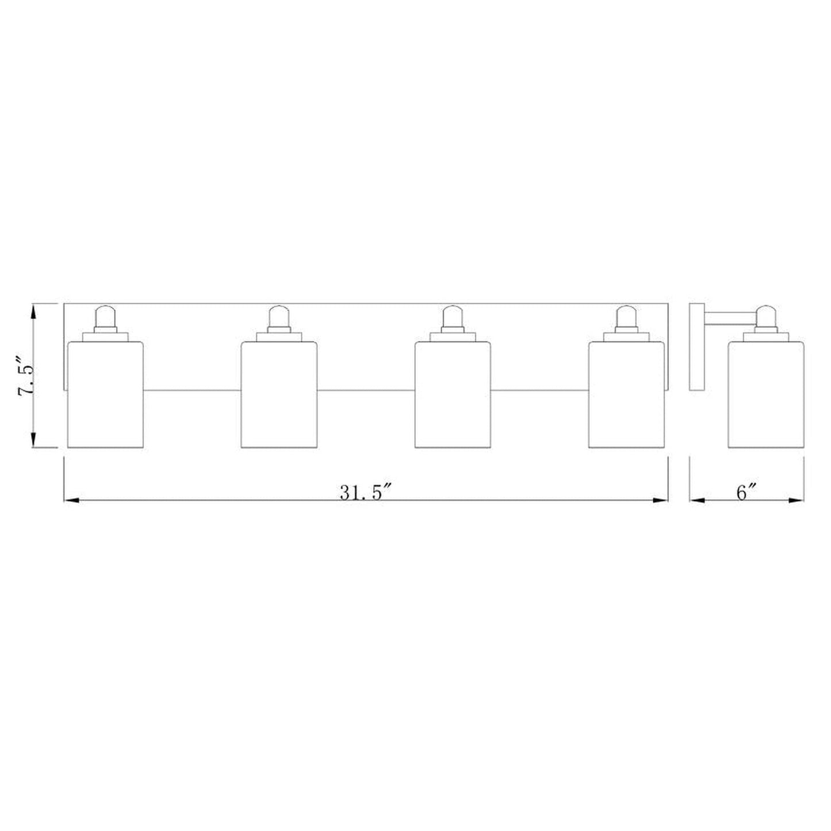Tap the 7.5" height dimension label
(x=25, y=376)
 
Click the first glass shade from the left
(x=105, y=395)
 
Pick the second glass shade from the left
(x=279, y=395)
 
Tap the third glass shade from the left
(x=453, y=395)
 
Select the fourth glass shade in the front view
(x=626, y=395)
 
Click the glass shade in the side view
(x=767, y=395)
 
